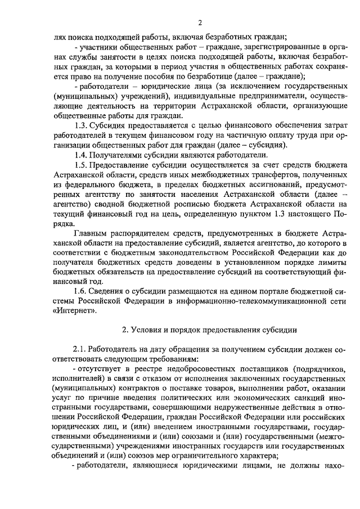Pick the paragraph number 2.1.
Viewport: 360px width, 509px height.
[x=82, y=348]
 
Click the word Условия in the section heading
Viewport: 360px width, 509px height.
[x=148, y=328]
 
